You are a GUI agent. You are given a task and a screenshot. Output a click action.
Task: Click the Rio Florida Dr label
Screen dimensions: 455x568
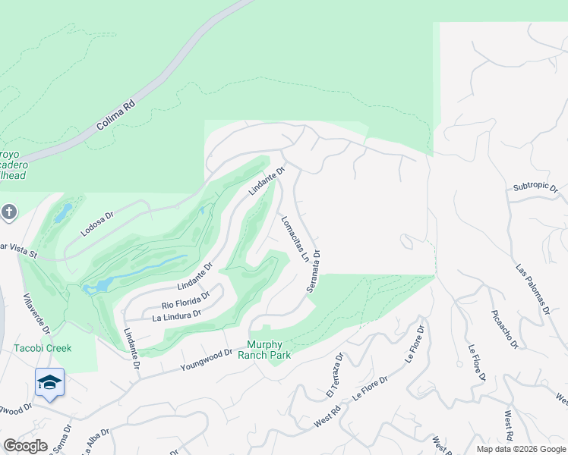[185, 300]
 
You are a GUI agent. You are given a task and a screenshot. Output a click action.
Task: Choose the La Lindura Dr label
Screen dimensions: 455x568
[176, 314]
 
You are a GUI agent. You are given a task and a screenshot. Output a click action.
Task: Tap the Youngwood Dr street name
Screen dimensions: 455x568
[206, 359]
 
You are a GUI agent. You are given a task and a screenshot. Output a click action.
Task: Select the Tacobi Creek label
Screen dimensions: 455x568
[43, 348]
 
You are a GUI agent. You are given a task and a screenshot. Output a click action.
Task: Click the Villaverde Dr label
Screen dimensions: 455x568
[36, 315]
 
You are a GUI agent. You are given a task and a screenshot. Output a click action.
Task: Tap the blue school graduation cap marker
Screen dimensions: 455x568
[49, 382]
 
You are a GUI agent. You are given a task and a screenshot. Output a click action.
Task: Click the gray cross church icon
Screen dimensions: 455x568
[9, 212]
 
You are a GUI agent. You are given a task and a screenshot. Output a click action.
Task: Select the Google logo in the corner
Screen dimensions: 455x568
[26, 446]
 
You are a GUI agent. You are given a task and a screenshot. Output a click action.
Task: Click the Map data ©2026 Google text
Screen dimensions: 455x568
[521, 449]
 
